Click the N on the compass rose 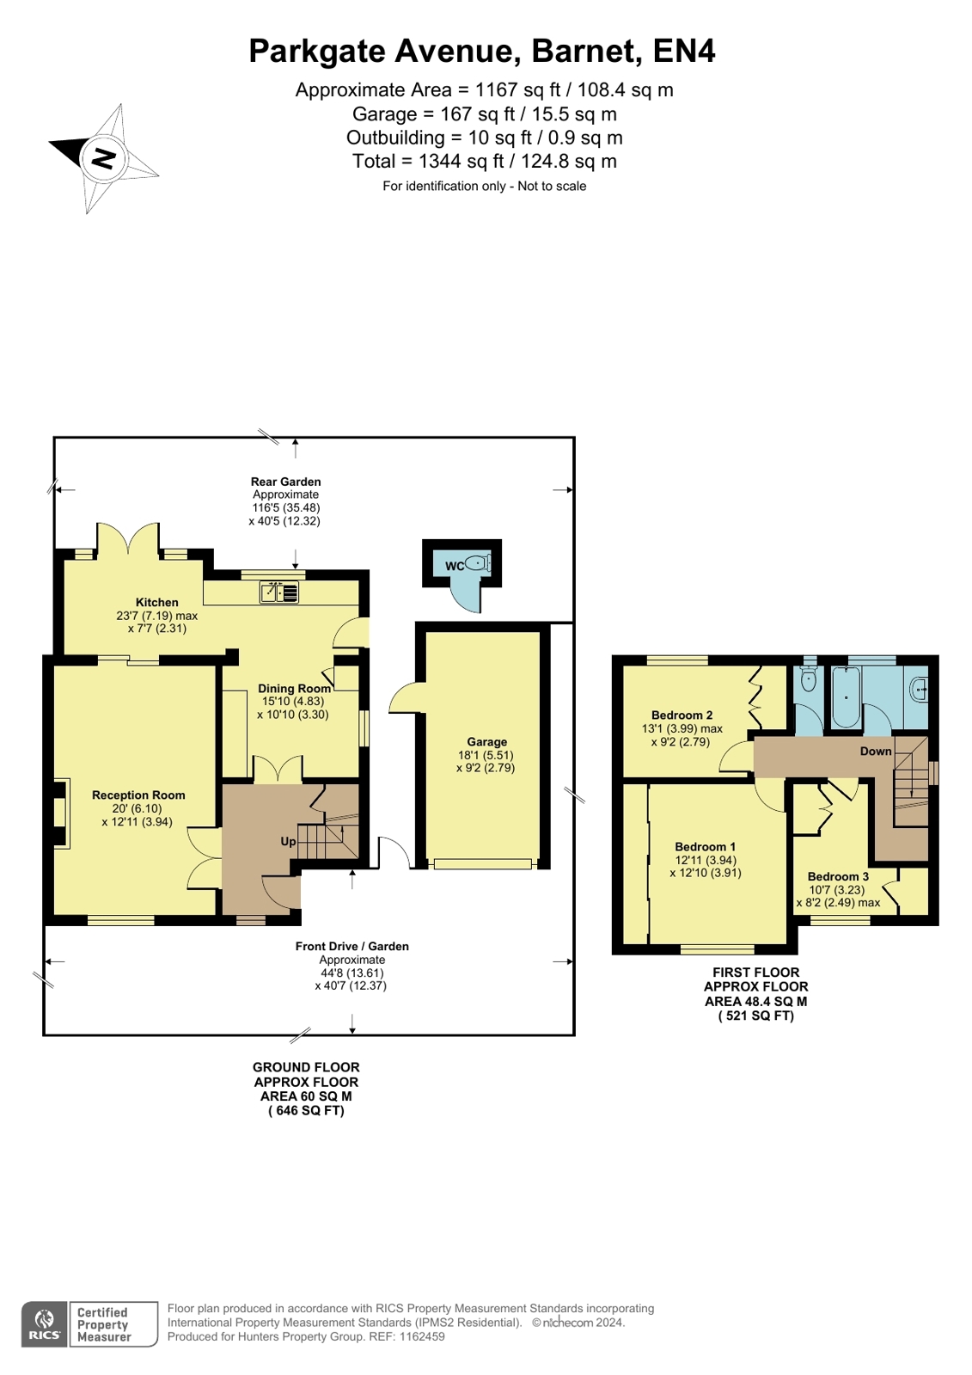104,158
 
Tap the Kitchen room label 157,602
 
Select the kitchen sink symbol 278,592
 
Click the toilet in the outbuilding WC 479,562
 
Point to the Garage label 486,741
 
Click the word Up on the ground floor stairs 288,842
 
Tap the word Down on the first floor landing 876,752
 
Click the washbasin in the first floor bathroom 920,690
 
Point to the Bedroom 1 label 705,846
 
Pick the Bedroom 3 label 838,876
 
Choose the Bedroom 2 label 682,715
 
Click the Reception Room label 138,795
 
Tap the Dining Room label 294,689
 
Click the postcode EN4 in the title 683,51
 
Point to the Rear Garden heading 285,482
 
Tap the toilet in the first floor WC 809,678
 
